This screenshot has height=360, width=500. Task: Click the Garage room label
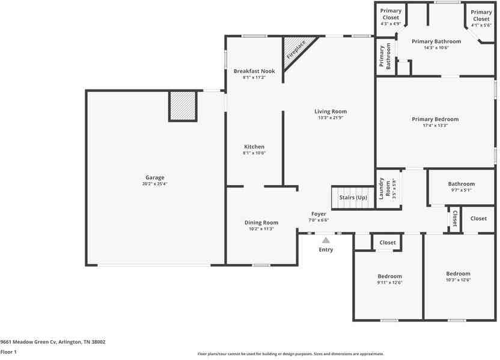tap(154, 177)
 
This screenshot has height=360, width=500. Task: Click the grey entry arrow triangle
tap(326, 240)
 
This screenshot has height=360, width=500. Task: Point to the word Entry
tap(326, 249)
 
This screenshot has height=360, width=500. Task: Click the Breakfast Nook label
tap(254, 71)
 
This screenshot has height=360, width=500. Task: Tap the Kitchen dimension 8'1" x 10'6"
tap(254, 153)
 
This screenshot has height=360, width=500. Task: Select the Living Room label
tap(331, 111)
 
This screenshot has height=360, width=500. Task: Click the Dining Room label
tap(261, 222)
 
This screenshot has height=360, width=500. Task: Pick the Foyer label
tap(319, 214)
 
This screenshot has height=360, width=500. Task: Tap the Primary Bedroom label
tap(435, 119)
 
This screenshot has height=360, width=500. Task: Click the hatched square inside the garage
tap(183, 106)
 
